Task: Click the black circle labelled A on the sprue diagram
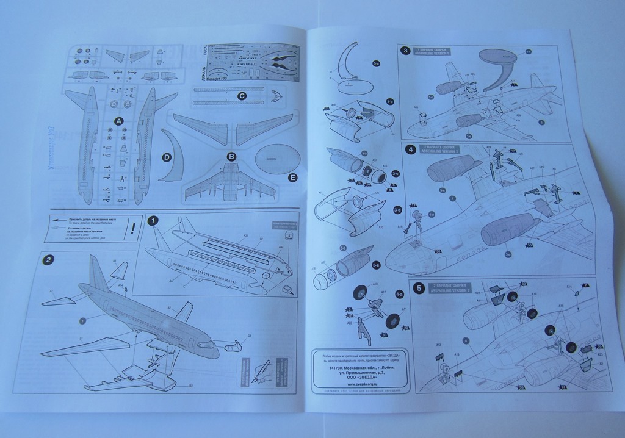(118, 121)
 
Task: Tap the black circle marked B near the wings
(231, 156)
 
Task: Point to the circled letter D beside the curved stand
(166, 157)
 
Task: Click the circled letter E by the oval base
(292, 178)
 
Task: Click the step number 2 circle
(48, 259)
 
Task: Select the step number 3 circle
(405, 51)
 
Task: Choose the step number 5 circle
(418, 287)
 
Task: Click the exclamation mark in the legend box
(133, 228)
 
